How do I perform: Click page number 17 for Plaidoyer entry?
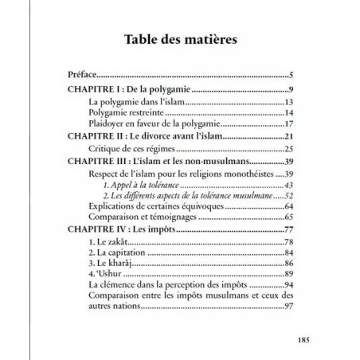tap(291, 125)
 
